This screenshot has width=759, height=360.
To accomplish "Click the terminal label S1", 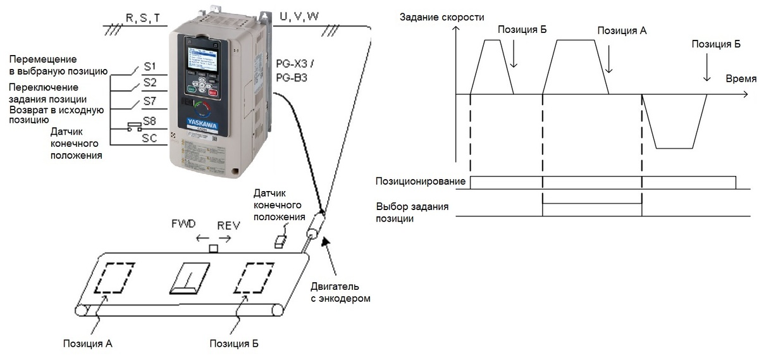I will [x=149, y=66].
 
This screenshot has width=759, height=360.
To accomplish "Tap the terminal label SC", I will [x=150, y=137].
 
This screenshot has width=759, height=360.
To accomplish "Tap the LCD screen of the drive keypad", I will [x=201, y=59].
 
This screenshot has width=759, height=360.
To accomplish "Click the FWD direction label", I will [x=183, y=224].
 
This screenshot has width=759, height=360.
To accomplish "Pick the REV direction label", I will [x=229, y=225].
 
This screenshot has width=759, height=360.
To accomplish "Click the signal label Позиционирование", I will [x=421, y=181].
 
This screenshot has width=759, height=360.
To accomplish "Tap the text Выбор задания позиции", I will [x=412, y=213].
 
